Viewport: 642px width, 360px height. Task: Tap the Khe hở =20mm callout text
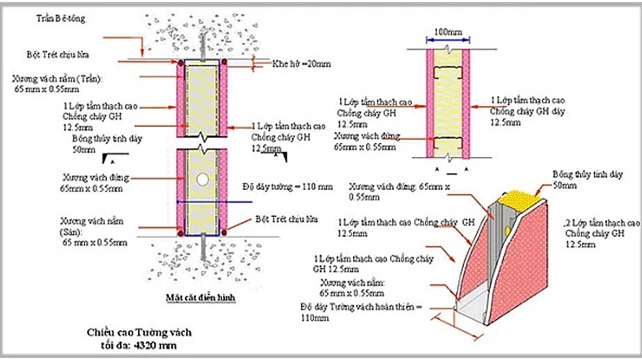pyautogui.click(x=301, y=64)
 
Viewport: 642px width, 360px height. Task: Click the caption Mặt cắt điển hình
pyautogui.click(x=200, y=297)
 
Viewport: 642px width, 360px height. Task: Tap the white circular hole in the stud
pyautogui.click(x=202, y=179)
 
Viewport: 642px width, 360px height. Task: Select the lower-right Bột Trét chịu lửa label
pyautogui.click(x=286, y=218)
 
